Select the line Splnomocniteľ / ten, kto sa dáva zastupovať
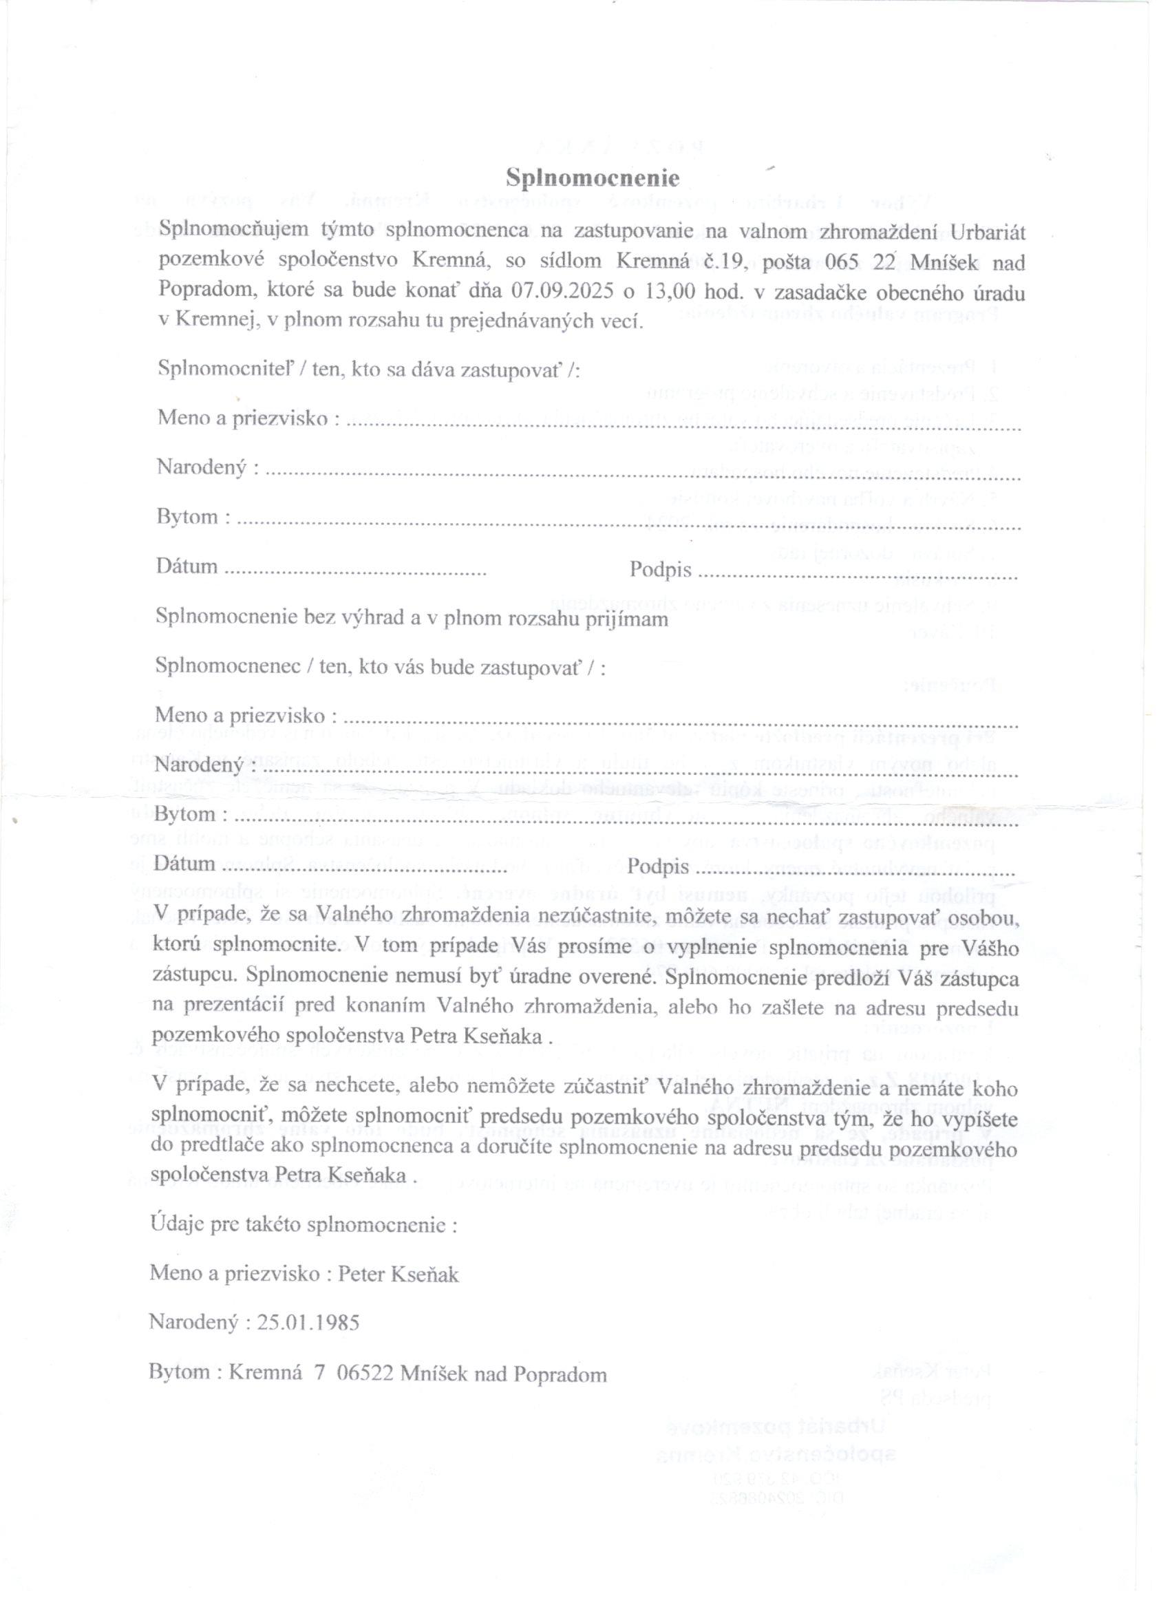[368, 370]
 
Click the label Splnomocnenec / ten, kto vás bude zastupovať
[381, 668]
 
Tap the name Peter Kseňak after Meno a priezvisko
[398, 1274]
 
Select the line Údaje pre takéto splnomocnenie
[304, 1224]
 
